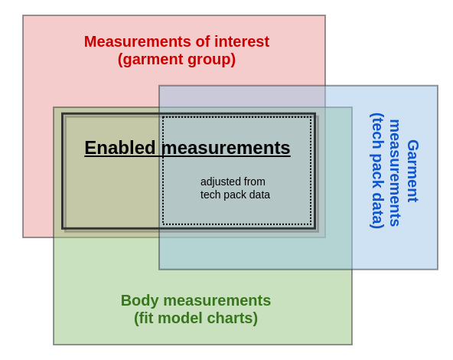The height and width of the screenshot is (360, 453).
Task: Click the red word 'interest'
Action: point(242,41)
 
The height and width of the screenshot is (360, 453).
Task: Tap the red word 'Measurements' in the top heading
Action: point(138,41)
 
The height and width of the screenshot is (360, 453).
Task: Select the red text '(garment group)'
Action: point(177,60)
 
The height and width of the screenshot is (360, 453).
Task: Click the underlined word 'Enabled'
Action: point(119,148)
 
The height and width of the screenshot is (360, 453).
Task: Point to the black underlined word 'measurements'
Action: point(226,148)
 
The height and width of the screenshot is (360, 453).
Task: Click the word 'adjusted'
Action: point(220,182)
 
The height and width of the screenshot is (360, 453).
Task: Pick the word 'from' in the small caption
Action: point(254,182)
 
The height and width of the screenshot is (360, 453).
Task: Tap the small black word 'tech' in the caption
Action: point(210,195)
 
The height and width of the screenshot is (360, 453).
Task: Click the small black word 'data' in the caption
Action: point(259,195)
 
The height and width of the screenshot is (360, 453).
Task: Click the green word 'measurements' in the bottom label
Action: point(217,301)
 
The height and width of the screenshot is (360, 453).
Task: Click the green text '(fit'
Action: point(144,319)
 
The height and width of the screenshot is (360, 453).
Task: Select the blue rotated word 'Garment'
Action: point(412,171)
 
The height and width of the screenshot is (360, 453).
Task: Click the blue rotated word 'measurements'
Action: point(395,172)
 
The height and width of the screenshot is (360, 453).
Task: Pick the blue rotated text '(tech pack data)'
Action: point(377,171)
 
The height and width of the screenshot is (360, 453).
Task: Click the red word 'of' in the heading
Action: point(203,41)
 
